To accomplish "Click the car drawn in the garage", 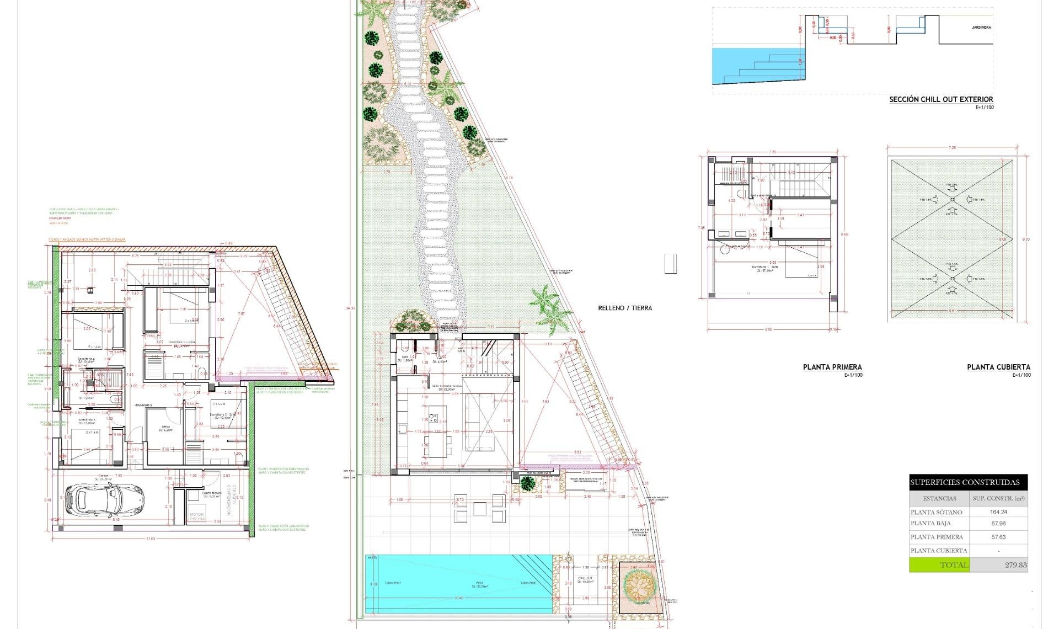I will tap(104, 499).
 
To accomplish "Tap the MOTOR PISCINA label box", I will tap(197, 516).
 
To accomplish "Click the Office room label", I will tap(165, 428).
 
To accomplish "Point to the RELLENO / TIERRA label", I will tap(625, 308).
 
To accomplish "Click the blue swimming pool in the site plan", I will tap(458, 584).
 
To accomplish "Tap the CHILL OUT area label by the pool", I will tap(586, 580).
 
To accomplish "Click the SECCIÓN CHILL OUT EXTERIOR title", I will tap(940, 99).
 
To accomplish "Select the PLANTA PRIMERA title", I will tap(832, 367).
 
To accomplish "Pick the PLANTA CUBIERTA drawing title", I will tap(998, 367).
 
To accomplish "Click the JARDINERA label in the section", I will tap(981, 27).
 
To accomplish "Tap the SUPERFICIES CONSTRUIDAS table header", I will tap(968, 482).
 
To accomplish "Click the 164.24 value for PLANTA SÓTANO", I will tap(998, 512).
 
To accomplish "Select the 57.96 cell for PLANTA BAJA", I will tap(998, 524).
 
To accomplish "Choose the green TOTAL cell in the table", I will tap(939, 565).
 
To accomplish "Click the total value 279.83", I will tap(1015, 565).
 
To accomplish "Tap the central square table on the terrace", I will tap(480, 508).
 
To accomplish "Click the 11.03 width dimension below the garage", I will tap(151, 539).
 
